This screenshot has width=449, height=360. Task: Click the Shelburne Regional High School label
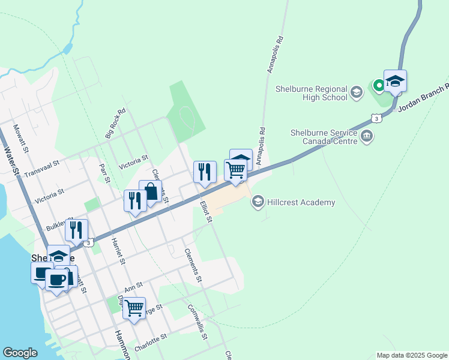click(x=311, y=92)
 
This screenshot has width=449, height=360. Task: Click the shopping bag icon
click(x=150, y=191)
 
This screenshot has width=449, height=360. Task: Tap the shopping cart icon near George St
click(x=134, y=308)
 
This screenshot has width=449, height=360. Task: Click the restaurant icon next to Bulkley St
click(x=77, y=230)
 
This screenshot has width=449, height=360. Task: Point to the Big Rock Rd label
click(x=116, y=123)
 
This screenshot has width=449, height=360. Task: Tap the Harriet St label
click(x=118, y=251)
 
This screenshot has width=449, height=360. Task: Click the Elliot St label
click(x=206, y=211)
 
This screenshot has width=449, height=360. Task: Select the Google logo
click(x=20, y=353)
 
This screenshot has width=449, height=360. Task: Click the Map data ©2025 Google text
click(x=411, y=355)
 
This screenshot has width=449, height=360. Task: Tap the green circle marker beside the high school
click(x=379, y=85)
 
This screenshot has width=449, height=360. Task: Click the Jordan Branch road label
click(x=427, y=92)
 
